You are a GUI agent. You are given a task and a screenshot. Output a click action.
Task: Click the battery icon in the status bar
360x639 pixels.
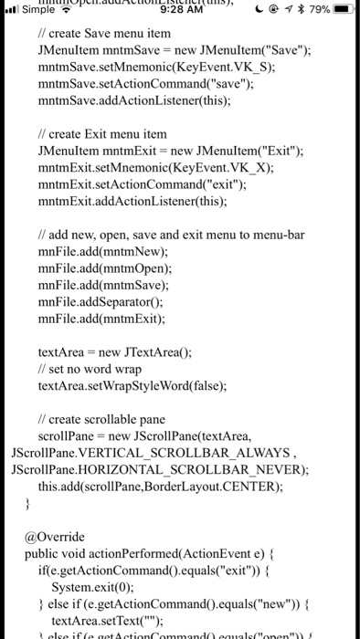tap(344, 10)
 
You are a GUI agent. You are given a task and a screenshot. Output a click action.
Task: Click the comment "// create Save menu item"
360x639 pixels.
tap(104, 33)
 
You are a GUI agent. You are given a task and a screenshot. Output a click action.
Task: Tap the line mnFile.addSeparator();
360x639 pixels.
tap(99, 301)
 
